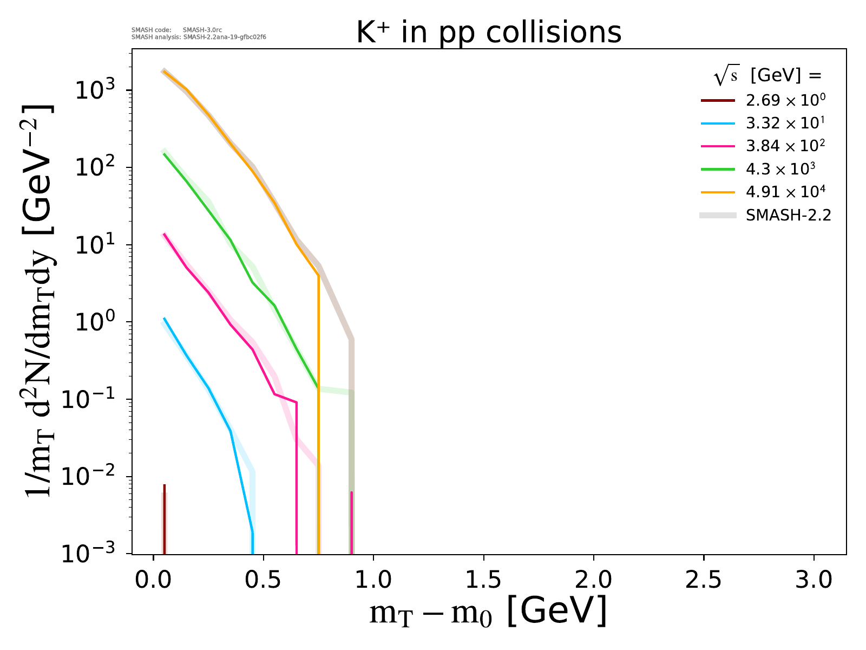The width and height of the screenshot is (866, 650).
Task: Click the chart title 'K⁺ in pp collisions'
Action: tap(489, 33)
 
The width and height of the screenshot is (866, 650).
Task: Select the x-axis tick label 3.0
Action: tap(813, 580)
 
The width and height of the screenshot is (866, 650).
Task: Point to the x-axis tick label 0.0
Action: tap(153, 580)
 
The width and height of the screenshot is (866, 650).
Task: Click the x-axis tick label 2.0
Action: tap(593, 580)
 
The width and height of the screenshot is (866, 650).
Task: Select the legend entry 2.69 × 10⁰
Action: tap(785, 100)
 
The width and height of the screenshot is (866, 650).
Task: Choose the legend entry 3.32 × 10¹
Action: tap(785, 123)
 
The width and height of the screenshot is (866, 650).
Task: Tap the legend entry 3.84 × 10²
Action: tap(785, 146)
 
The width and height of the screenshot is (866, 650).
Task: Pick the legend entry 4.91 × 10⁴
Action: tap(785, 192)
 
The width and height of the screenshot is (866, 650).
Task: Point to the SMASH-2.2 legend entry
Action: tap(788, 215)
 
